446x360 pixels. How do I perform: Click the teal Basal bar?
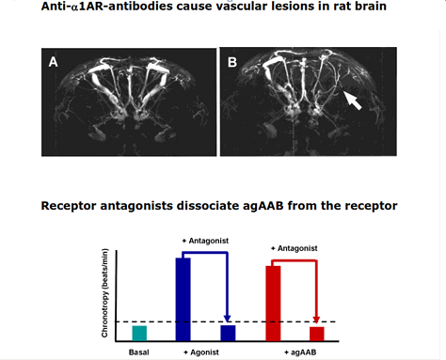click(x=139, y=333)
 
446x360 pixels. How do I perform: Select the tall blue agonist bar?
click(x=183, y=299)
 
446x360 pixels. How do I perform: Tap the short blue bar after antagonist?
click(x=228, y=333)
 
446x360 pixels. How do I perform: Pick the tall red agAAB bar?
click(x=273, y=304)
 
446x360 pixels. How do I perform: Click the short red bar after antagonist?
click(x=317, y=334)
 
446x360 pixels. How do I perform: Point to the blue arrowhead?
click(x=228, y=318)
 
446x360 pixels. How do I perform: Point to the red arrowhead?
click(x=316, y=320)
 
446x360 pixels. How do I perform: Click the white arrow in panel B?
click(x=353, y=101)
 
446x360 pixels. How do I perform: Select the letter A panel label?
click(x=53, y=62)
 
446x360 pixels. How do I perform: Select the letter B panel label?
click(x=232, y=62)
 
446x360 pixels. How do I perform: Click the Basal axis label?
click(x=139, y=352)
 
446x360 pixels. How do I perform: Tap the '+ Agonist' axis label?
click(x=201, y=352)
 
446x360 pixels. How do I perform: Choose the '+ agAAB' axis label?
click(x=300, y=352)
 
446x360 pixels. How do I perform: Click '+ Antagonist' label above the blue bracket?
click(x=205, y=241)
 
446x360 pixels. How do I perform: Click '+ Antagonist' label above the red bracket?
click(x=295, y=248)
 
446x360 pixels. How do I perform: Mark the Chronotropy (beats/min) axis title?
click(x=104, y=293)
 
